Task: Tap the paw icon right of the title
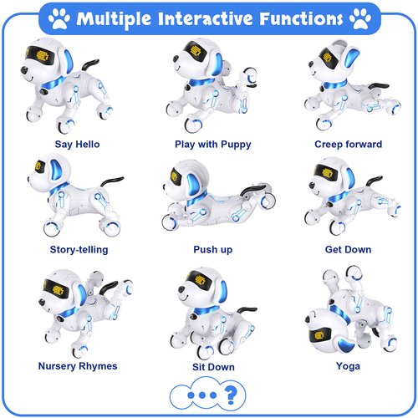[360, 16]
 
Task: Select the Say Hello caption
[77, 144]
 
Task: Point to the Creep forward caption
[348, 144]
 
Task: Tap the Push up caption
[208, 249]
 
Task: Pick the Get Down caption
[349, 249]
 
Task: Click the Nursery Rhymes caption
[78, 365]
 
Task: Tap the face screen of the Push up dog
[176, 178]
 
